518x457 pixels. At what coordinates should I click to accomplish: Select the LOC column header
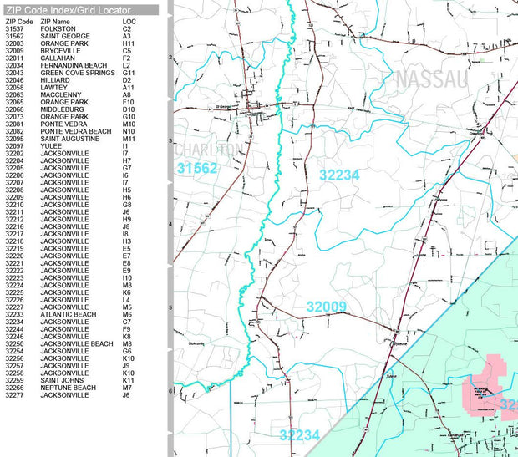point(129,21)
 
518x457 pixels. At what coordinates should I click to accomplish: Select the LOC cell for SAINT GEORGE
point(127,37)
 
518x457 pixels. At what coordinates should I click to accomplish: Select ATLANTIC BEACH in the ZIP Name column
point(69,314)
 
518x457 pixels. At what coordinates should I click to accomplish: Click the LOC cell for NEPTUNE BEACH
point(128,388)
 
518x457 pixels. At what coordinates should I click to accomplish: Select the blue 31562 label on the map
point(197,169)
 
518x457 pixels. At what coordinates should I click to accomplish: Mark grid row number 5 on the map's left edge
point(170,307)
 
